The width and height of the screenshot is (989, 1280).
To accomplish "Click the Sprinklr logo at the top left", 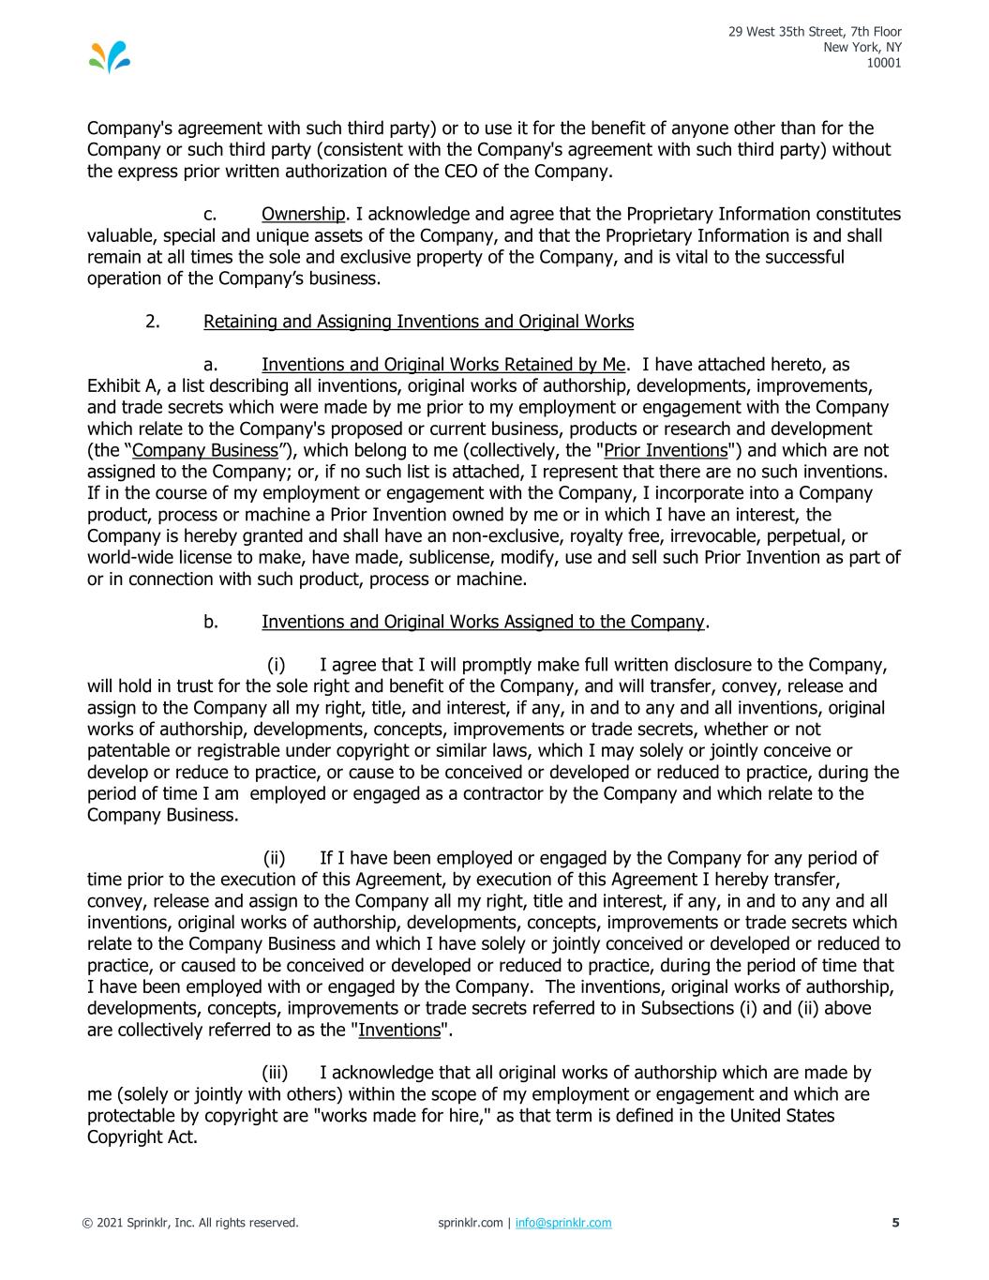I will coord(110,57).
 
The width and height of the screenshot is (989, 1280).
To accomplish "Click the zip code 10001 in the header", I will coord(885,64).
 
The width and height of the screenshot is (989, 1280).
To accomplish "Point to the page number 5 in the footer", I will coord(895,1223).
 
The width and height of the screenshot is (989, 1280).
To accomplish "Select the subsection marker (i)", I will coord(277,665).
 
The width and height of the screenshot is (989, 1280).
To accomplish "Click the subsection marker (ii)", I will coord(275,858).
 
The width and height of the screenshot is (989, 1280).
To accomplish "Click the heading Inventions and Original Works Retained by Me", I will coord(442,365).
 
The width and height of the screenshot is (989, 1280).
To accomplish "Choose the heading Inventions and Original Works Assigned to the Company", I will coord(482,622).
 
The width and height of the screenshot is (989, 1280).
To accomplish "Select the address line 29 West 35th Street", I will coord(816,33).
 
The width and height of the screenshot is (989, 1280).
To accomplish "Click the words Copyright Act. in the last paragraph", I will coord(142,1137).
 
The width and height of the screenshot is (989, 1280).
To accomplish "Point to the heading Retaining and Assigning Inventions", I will coord(418,322).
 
